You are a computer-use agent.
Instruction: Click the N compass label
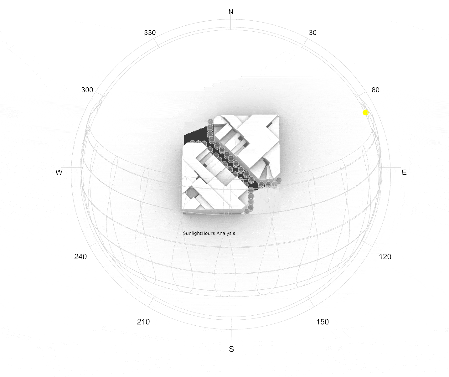[231, 12]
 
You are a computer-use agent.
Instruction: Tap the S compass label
[231, 349]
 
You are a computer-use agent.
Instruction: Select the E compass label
[404, 172]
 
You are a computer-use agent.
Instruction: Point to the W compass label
[59, 172]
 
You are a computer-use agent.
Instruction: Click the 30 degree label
[312, 33]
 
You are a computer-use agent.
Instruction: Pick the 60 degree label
[375, 90]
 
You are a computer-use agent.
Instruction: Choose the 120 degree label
[385, 256]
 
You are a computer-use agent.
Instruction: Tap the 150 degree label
[322, 322]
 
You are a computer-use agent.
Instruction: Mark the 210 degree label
[143, 322]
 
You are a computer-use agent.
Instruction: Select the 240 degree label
[80, 256]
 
